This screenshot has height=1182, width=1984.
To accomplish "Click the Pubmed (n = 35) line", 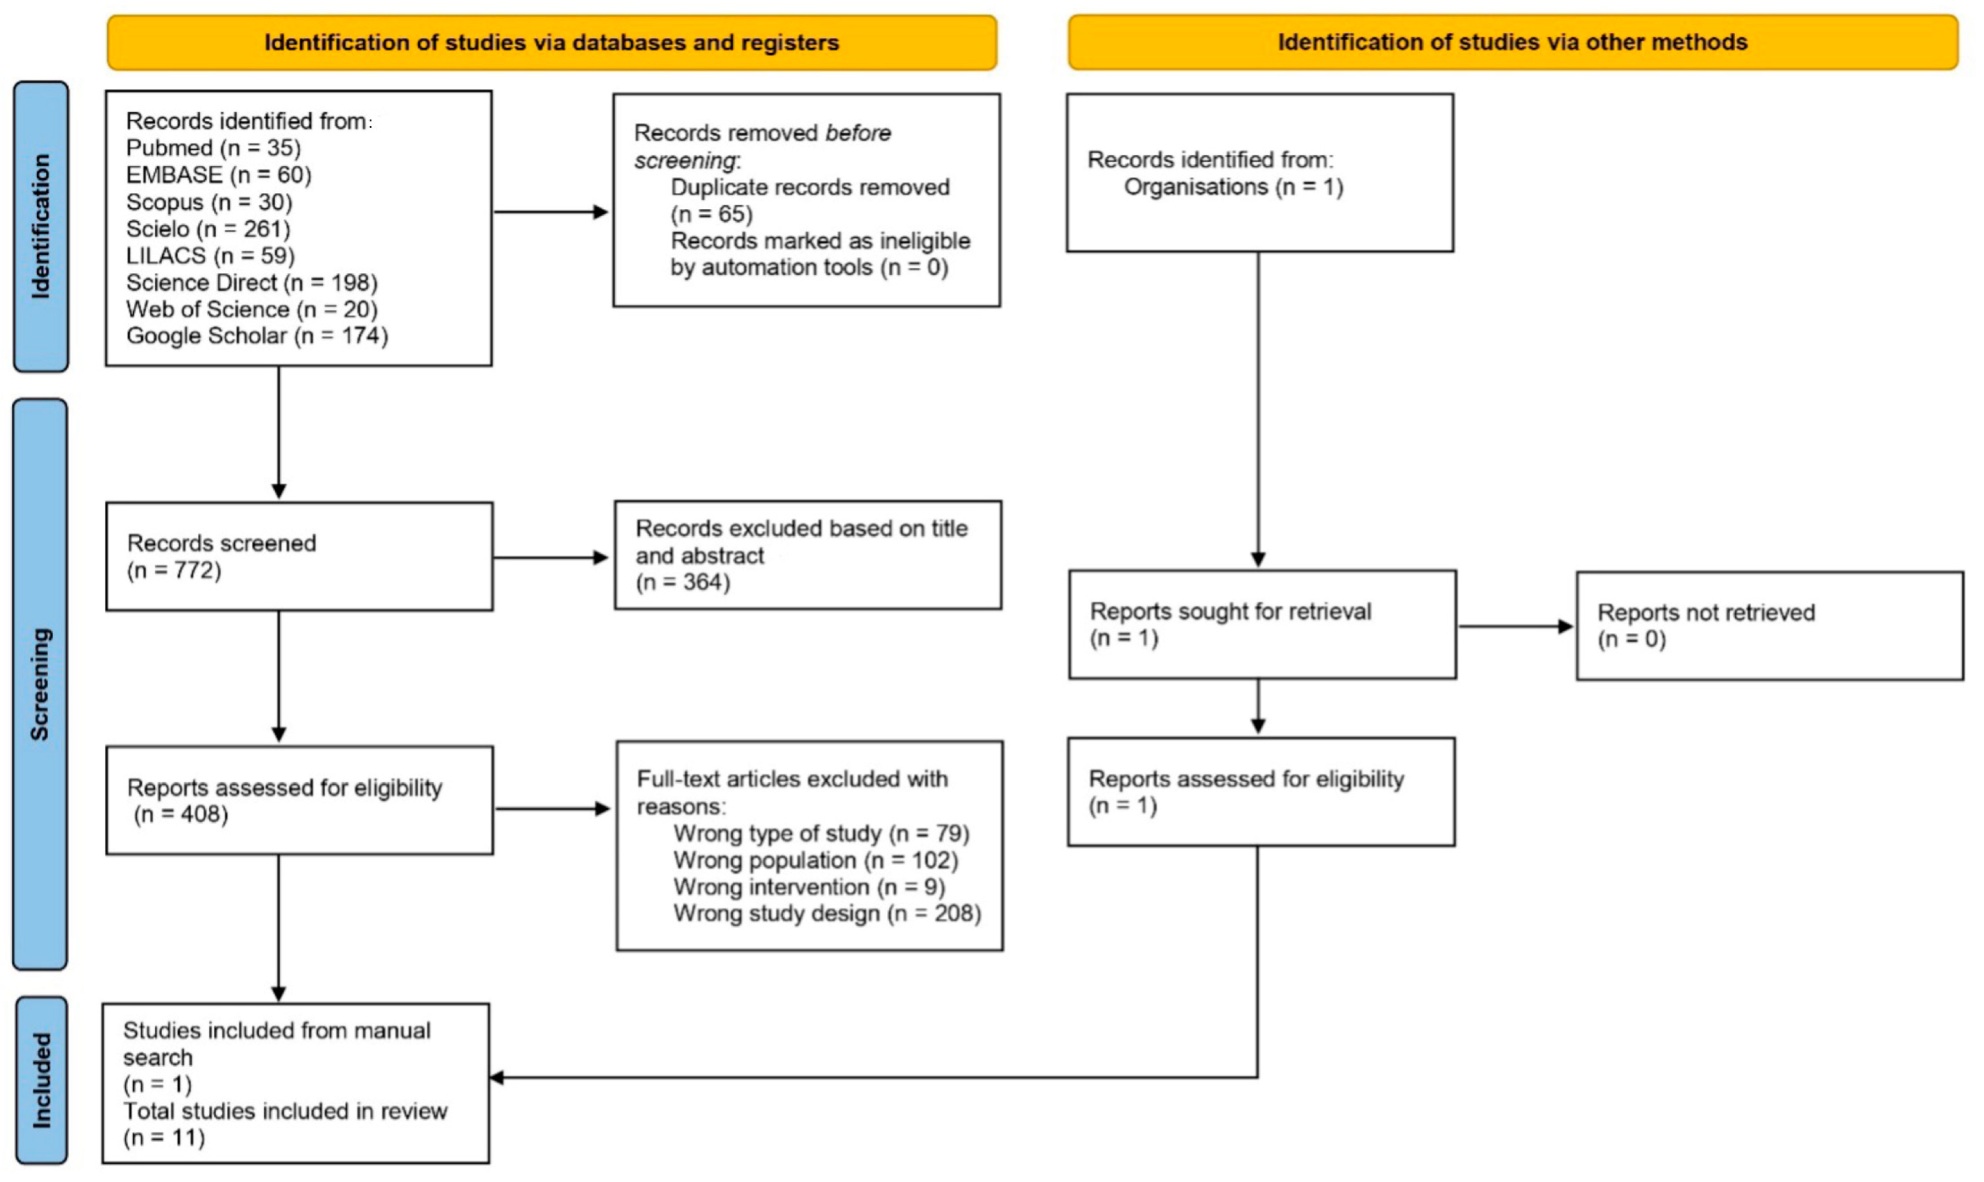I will [x=213, y=148].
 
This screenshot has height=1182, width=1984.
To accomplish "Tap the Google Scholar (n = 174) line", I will [x=257, y=336].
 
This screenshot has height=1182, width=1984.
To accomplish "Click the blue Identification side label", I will [x=41, y=227].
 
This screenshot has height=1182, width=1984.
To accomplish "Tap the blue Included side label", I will [x=41, y=1080].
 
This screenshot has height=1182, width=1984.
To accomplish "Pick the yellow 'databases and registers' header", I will [x=551, y=42].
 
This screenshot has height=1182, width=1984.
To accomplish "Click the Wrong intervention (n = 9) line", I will [x=809, y=887].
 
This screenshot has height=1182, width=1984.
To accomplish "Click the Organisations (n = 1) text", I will [x=1233, y=187].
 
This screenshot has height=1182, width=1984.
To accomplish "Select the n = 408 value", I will [x=182, y=814].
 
